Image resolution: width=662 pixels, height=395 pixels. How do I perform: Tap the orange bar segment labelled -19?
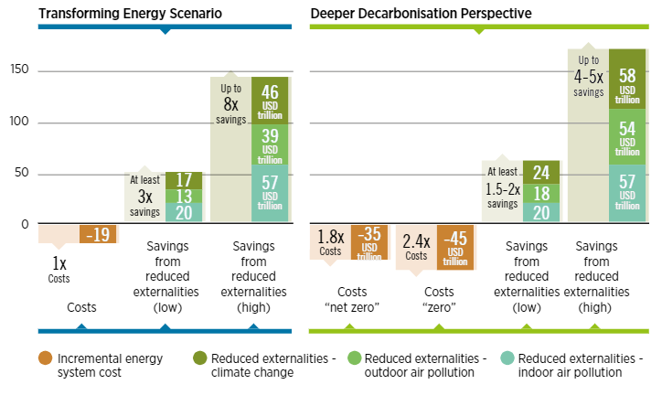(98, 234)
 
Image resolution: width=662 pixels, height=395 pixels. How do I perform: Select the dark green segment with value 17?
(184, 180)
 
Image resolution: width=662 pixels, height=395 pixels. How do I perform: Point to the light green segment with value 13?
(184, 196)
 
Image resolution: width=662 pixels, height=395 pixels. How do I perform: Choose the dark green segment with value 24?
(541, 172)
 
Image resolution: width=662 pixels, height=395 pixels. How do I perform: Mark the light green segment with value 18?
(541, 192)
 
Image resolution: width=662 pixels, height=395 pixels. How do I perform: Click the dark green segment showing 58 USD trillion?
(627, 79)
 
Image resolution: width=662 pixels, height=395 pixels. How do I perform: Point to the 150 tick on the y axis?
(19, 70)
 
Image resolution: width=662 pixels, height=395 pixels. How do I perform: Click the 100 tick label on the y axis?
(19, 122)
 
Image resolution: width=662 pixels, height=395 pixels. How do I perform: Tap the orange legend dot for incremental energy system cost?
(45, 358)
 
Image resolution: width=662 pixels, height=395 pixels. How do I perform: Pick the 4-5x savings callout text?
(589, 77)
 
